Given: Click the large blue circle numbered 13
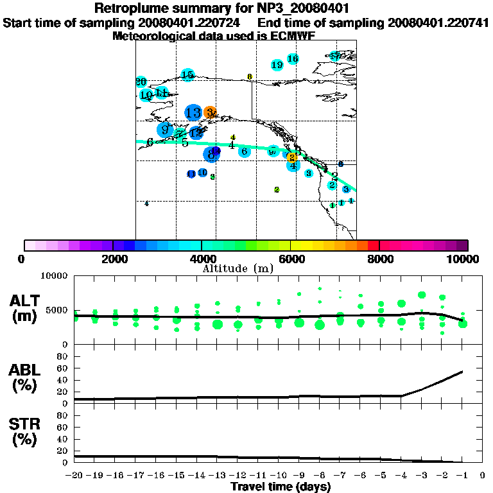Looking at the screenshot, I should point(193,113).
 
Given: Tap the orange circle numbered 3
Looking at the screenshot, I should point(210,113).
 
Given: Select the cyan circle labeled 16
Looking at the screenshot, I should point(293,59).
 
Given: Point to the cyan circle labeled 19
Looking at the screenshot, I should point(277,65).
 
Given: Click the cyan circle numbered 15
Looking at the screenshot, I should point(187,75).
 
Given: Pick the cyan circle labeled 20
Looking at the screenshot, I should point(141,82).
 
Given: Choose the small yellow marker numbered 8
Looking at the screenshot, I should point(250,77).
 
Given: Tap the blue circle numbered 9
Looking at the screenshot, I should point(165,130).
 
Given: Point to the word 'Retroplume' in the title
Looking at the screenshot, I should point(132,9).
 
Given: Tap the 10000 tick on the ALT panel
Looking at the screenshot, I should point(54,276).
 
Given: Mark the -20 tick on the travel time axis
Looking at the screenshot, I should point(75,476).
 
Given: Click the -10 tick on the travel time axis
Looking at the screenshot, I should point(279,476).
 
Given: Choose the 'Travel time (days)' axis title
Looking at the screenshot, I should point(281,487).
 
